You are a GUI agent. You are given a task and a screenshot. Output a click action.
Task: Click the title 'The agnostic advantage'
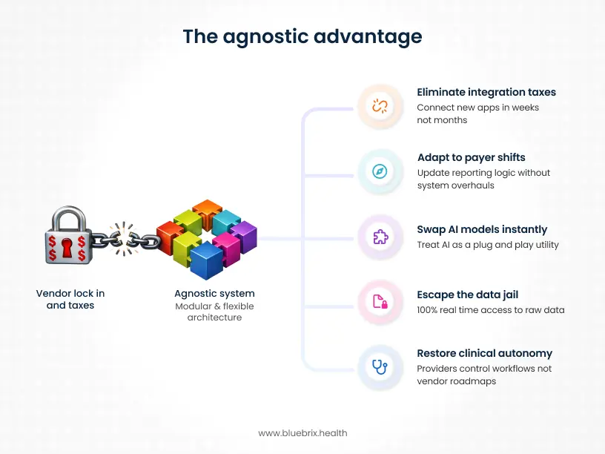coord(302,36)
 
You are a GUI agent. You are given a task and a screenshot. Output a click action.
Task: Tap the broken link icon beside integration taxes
coord(380,106)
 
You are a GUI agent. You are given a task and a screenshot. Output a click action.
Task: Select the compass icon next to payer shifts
coord(380,171)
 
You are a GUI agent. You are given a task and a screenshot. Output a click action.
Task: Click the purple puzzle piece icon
coord(380,237)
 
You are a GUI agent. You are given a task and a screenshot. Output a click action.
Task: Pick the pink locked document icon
coord(380,300)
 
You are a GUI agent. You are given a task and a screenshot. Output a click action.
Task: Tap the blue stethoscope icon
coord(380,366)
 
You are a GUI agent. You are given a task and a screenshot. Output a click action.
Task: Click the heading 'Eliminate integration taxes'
coord(486,93)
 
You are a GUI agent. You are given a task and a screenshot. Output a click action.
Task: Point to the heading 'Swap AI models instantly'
coord(482,229)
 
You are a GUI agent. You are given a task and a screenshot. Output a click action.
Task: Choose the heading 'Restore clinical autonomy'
coord(484,353)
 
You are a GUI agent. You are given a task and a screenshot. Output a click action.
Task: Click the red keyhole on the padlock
coord(69,246)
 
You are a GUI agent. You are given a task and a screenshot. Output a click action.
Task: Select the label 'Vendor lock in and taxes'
coord(70,299)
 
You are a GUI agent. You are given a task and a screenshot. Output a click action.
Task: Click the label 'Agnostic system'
coord(214,294)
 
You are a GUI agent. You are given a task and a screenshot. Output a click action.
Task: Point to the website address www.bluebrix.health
coord(302,432)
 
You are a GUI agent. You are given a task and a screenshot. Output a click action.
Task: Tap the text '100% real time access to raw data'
coord(490,309)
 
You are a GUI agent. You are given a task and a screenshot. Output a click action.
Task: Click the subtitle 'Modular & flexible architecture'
coord(214,312)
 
